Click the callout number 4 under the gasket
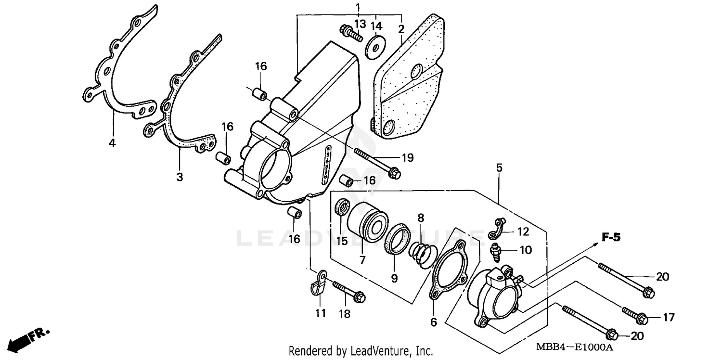tap(112, 143)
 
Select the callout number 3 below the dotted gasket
tap(179, 177)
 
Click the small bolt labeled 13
tap(351, 33)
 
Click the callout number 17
tap(669, 317)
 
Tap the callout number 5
tap(499, 168)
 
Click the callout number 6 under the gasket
tap(433, 322)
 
